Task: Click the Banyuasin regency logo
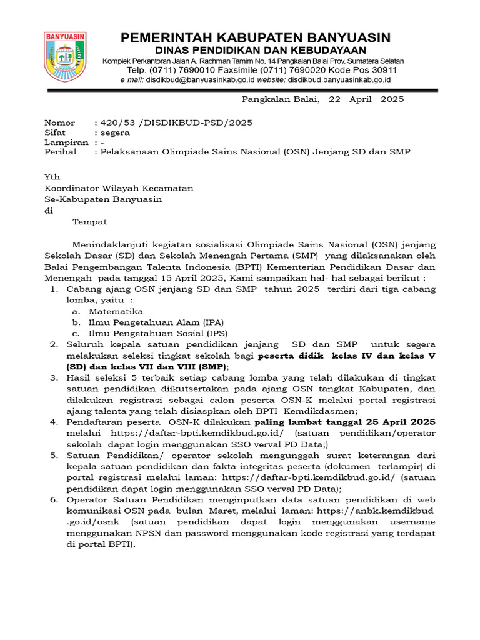65,57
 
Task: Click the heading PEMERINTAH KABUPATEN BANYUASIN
256,37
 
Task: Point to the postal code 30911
384,70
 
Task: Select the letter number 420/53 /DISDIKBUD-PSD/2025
173,122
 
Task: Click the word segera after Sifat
116,132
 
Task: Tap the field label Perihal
60,152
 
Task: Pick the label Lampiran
65,142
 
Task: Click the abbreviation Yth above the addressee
52,178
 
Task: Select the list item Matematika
116,311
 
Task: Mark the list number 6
54,499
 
